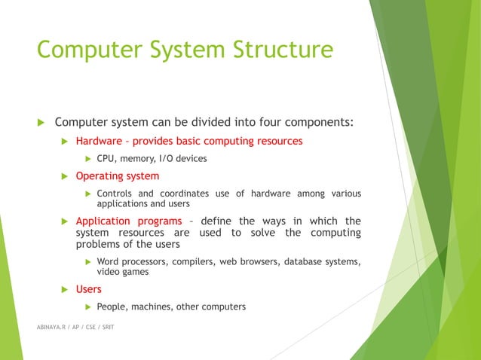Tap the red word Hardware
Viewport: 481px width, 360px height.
(x=100, y=141)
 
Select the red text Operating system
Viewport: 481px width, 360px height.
(x=117, y=176)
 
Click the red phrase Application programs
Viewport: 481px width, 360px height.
(x=129, y=221)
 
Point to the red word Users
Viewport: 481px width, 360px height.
(x=88, y=289)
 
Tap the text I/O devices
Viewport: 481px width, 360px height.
(x=181, y=158)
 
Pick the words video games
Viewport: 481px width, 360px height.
(x=122, y=272)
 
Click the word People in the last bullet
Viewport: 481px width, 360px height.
(x=113, y=307)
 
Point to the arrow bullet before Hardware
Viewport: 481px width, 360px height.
(x=65, y=141)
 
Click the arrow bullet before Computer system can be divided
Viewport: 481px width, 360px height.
(x=43, y=123)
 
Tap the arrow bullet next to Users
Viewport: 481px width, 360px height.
(x=65, y=289)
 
